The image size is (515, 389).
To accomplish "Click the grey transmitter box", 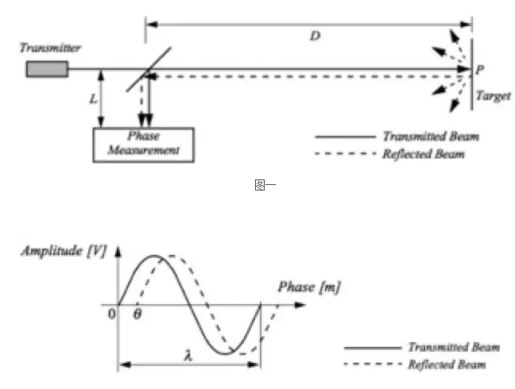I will click(47, 69).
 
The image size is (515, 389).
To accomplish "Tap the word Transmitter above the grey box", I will click(51, 48).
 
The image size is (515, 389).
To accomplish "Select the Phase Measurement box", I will click(143, 144).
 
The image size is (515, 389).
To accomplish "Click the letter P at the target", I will click(480, 71).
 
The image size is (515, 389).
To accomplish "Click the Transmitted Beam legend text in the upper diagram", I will click(431, 137).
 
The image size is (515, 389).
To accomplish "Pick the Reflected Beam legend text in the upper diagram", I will click(424, 154).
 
